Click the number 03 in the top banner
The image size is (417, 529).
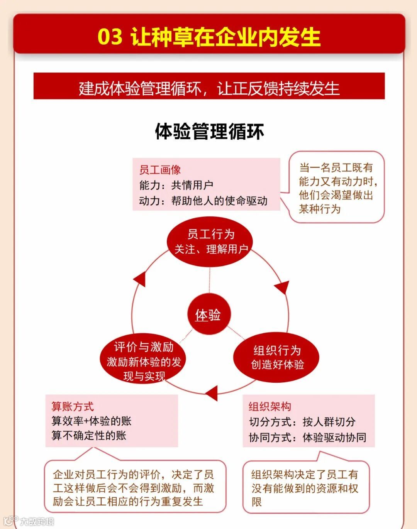tap(110, 37)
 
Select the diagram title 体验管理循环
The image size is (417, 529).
tap(209, 132)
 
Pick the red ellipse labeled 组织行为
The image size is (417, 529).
tap(276, 357)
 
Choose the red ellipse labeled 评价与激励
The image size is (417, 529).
tap(143, 361)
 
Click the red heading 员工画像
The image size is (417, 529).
tap(160, 170)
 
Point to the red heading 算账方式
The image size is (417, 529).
tap(73, 406)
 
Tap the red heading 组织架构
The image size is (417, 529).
tap(270, 406)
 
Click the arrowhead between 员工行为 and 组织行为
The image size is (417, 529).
tap(283, 287)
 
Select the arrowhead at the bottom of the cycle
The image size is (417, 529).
tap(212, 393)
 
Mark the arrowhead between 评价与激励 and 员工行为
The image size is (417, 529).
tap(140, 278)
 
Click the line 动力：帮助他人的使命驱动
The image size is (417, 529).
tap(203, 201)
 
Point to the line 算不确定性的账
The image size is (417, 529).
tap(89, 436)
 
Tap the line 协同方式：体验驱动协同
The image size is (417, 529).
tap(308, 437)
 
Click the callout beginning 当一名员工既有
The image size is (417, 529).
tap(337, 188)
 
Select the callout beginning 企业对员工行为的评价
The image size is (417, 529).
tap(134, 488)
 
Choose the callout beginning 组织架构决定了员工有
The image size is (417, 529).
tap(305, 488)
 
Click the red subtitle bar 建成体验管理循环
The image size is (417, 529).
tap(209, 88)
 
